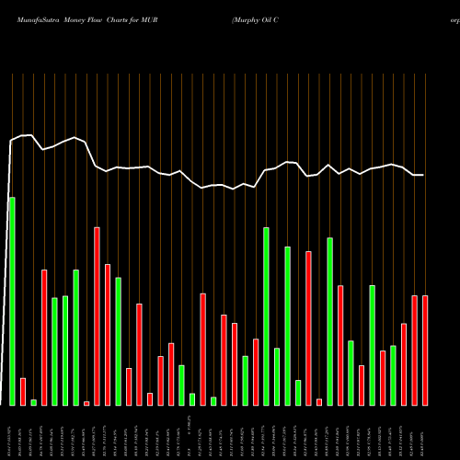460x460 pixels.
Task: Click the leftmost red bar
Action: coord(23,391)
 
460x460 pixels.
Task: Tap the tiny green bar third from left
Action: coord(34,402)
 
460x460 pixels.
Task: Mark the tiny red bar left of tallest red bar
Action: coord(86,403)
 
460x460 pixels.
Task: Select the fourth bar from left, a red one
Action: coord(44,337)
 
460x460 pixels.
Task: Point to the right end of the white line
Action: coord(423,175)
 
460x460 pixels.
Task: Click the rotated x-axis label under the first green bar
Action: coord(12,432)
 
